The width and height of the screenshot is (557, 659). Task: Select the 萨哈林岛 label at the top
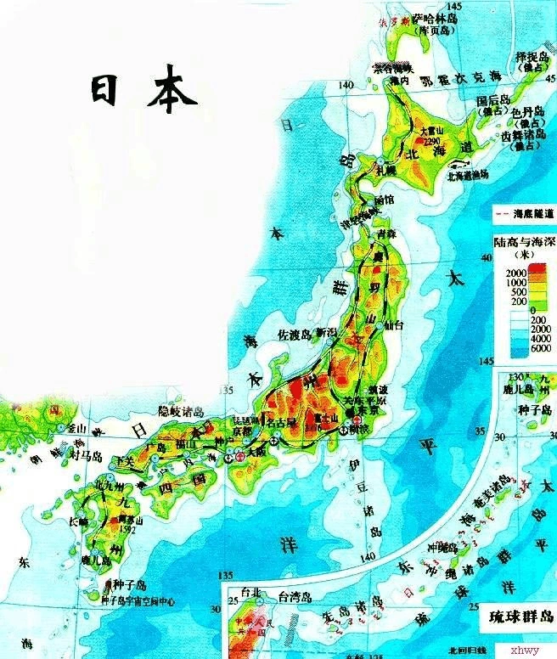click(x=435, y=19)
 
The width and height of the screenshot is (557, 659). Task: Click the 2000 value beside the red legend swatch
click(x=515, y=271)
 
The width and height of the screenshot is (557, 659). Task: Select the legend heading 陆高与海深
click(x=521, y=241)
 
